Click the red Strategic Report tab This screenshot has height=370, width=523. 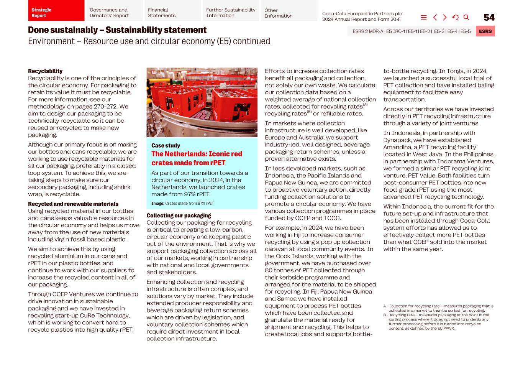tap(56, 11)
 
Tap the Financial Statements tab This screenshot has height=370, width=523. tap(172, 11)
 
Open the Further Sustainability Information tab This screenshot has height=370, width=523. tap(231, 11)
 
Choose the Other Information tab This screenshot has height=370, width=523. tap(289, 11)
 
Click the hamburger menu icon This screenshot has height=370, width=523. tap(424, 18)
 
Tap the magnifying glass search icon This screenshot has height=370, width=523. tap(466, 18)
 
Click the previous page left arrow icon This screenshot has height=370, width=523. tap(435, 18)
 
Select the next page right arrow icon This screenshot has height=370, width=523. tap(445, 18)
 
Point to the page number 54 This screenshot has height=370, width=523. tap(489, 18)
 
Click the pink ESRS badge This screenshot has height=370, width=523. tap(485, 31)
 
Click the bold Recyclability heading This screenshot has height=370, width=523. tap(45, 71)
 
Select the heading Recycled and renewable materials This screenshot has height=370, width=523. tap(73, 204)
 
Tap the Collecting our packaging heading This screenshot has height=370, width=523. tap(179, 215)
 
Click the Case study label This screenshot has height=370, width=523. tap(166, 146)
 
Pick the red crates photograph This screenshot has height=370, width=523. tap(202, 102)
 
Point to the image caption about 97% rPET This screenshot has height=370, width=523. tap(183, 204)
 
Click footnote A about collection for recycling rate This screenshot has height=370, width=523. tap(438, 308)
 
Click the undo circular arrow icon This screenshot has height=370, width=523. tap(455, 18)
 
